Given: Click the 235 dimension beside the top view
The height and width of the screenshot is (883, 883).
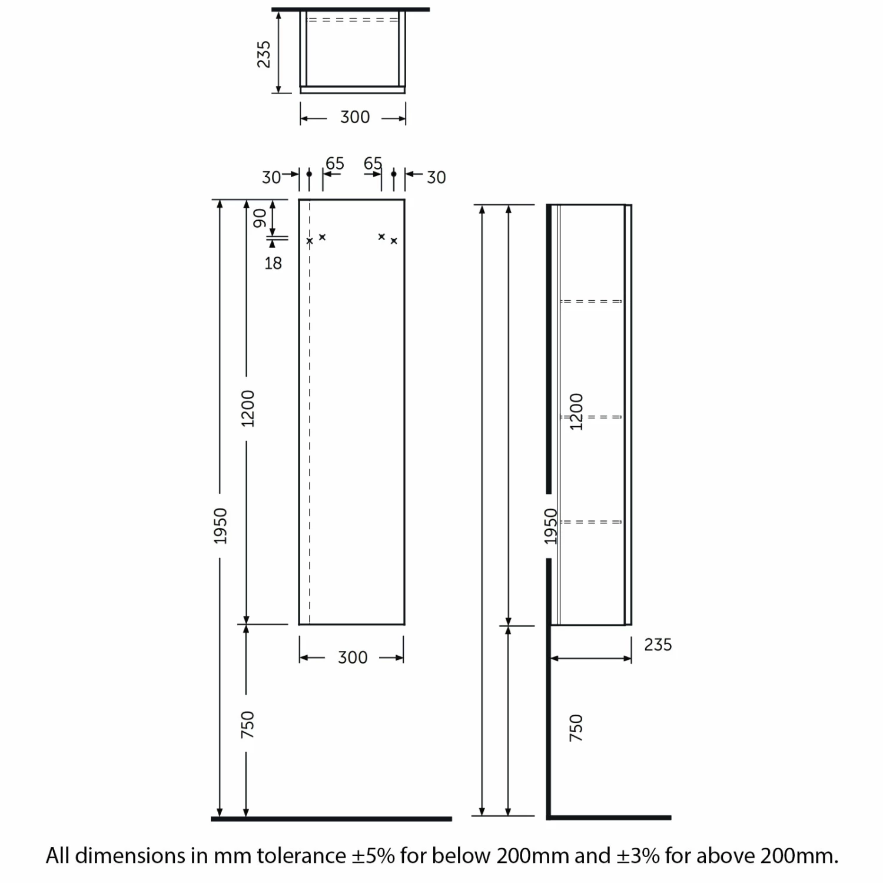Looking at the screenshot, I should pyautogui.click(x=264, y=54).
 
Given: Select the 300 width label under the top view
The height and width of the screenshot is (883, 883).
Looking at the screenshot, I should pyautogui.click(x=355, y=117).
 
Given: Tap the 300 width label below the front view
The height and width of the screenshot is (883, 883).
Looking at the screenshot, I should pyautogui.click(x=353, y=658).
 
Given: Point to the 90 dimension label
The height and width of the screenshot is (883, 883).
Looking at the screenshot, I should pyautogui.click(x=260, y=218).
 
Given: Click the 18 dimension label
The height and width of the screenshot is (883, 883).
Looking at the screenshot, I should pyautogui.click(x=273, y=263).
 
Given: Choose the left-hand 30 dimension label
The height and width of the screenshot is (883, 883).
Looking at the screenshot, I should pyautogui.click(x=271, y=177).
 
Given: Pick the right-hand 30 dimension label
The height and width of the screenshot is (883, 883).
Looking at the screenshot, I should pyautogui.click(x=436, y=177).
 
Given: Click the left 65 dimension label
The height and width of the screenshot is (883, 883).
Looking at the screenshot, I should pyautogui.click(x=334, y=163).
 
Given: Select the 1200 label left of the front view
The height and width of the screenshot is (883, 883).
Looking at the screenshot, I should pyautogui.click(x=248, y=408).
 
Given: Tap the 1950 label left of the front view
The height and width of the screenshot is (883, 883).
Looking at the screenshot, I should pyautogui.click(x=220, y=526).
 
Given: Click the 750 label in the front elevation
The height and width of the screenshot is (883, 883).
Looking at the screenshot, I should pyautogui.click(x=248, y=725).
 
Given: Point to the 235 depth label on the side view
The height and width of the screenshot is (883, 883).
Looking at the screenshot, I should pyautogui.click(x=658, y=645).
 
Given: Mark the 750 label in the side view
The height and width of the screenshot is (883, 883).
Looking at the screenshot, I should pyautogui.click(x=576, y=728).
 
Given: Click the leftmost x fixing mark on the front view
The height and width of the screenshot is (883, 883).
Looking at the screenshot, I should pyautogui.click(x=310, y=241).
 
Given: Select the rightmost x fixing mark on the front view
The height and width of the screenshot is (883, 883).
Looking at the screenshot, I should pyautogui.click(x=394, y=241).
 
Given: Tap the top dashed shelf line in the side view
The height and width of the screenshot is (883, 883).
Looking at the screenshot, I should pyautogui.click(x=591, y=301).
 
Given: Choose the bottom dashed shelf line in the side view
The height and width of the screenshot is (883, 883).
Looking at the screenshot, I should pyautogui.click(x=591, y=522).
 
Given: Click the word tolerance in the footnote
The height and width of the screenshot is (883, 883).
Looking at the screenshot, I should pyautogui.click(x=301, y=855).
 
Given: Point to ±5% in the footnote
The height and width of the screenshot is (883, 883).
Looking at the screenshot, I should pyautogui.click(x=373, y=855).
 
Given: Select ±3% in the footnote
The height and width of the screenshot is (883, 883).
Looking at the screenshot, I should pyautogui.click(x=638, y=855).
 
